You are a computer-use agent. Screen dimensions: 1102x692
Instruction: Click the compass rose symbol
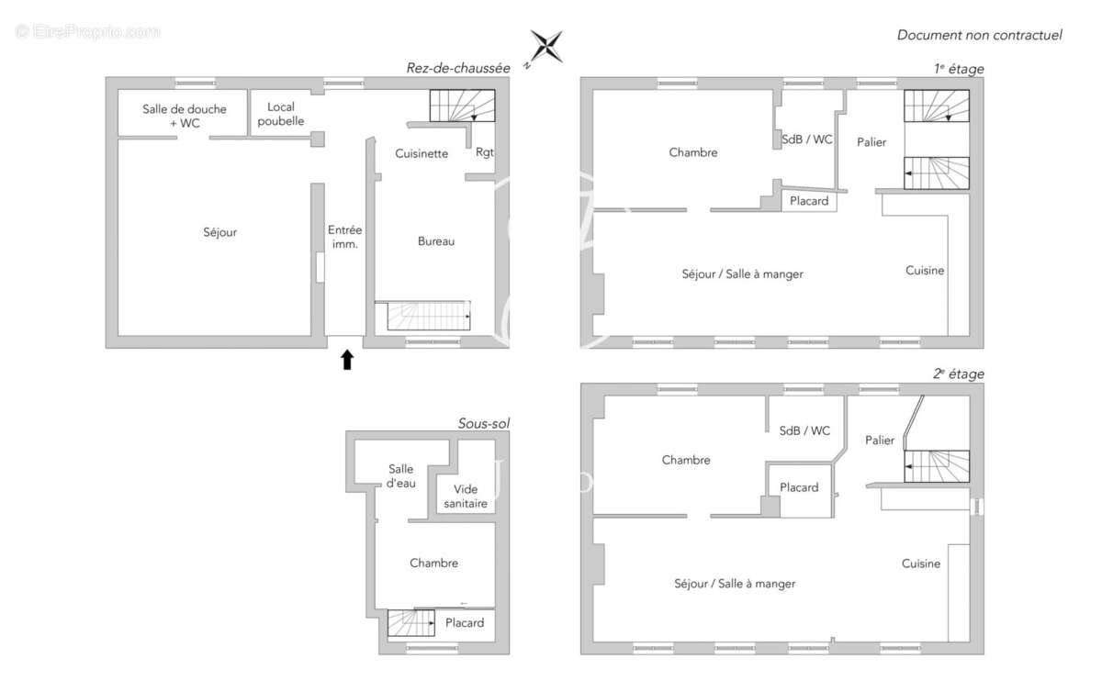pyautogui.click(x=545, y=47)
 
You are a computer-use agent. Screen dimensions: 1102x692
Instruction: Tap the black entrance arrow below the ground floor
pyautogui.click(x=347, y=360)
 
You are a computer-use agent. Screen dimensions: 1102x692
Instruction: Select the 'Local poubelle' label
pyautogui.click(x=281, y=114)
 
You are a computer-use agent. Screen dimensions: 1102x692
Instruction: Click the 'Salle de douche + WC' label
pyautogui.click(x=185, y=116)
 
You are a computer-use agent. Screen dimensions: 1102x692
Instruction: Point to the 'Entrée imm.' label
pyautogui.click(x=345, y=237)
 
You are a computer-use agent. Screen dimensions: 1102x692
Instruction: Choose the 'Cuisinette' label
pyautogui.click(x=422, y=153)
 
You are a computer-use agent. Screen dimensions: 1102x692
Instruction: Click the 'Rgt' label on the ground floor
pyautogui.click(x=485, y=152)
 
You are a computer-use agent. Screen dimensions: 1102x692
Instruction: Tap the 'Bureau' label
pyautogui.click(x=436, y=241)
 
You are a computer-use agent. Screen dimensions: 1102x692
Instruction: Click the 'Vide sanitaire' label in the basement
pyautogui.click(x=466, y=497)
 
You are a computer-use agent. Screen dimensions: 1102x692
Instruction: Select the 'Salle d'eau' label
pyautogui.click(x=401, y=476)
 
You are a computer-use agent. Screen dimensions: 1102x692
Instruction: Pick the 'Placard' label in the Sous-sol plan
pyautogui.click(x=465, y=622)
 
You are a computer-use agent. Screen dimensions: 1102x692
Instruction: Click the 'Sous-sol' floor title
pyautogui.click(x=484, y=423)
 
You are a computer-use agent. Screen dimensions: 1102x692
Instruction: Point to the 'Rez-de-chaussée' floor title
pyautogui.click(x=458, y=68)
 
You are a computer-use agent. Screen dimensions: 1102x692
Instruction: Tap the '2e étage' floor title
pyautogui.click(x=959, y=374)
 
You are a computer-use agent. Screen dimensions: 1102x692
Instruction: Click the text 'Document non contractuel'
pyautogui.click(x=980, y=35)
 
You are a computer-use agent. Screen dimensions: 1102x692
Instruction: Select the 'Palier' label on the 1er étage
pyautogui.click(x=871, y=142)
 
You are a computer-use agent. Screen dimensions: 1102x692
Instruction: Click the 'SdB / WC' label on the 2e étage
pyautogui.click(x=804, y=430)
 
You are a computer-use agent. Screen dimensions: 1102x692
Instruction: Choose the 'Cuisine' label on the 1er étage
pyautogui.click(x=925, y=270)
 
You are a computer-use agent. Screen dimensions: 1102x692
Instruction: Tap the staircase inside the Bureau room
pyautogui.click(x=429, y=316)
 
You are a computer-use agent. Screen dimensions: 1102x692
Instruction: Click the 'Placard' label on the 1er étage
pyautogui.click(x=809, y=201)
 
